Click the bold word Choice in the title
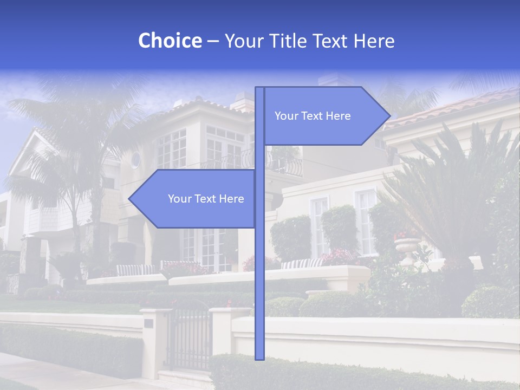pos(170,41)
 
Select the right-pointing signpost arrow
pos(325,116)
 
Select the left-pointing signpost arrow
pos(195,199)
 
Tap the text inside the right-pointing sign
pos(313,116)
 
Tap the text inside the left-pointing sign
pos(206,199)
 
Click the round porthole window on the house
pos(135,159)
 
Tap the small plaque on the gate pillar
pos(148,323)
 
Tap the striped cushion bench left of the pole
pos(135,270)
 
